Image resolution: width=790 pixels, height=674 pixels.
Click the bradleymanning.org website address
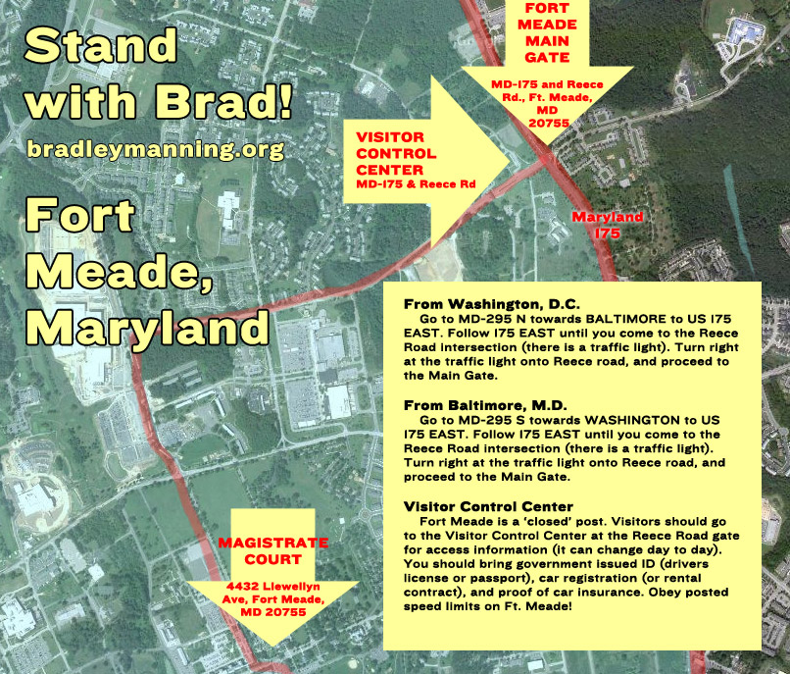click(156, 150)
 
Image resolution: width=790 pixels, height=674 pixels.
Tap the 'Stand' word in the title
click(101, 45)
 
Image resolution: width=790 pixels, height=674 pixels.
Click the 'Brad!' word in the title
click(223, 101)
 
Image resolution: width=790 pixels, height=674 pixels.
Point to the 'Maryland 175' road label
click(608, 225)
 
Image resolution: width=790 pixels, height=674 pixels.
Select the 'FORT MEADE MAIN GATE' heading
click(547, 32)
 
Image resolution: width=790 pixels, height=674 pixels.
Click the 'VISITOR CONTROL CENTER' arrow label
click(396, 153)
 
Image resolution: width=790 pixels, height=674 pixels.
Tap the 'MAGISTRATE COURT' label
click(273, 551)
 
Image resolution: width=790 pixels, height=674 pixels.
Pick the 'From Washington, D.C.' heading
click(492, 304)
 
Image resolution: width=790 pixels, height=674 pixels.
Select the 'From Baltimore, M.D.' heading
click(485, 405)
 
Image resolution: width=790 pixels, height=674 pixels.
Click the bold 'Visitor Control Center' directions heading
click(488, 506)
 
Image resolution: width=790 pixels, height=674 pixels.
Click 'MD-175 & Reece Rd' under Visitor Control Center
click(416, 184)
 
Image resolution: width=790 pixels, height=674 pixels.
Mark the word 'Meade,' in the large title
click(120, 273)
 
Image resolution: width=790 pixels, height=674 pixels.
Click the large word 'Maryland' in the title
click(148, 328)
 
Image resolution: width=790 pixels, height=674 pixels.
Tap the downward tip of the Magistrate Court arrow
click(272, 646)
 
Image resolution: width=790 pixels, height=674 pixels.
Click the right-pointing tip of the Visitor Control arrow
click(510, 163)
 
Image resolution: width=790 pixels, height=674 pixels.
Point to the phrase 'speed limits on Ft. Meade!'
click(488, 606)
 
